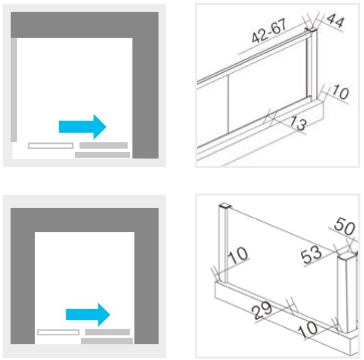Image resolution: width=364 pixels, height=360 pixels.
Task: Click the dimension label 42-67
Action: click(x=269, y=31)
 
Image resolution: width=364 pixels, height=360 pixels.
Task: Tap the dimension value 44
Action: click(x=335, y=20)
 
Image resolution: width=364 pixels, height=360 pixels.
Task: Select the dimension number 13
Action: click(x=299, y=123)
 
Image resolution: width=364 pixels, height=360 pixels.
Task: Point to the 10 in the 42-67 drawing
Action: click(x=340, y=92)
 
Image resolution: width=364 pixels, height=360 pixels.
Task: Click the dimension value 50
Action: click(x=345, y=226)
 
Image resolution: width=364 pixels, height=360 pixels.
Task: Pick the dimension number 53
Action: click(x=311, y=254)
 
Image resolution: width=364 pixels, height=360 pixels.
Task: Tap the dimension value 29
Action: click(x=262, y=310)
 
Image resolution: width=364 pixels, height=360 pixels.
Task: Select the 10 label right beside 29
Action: click(x=308, y=330)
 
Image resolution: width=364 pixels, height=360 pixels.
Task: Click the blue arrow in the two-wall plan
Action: click(x=83, y=127)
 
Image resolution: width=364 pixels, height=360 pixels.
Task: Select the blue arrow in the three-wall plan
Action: click(x=88, y=314)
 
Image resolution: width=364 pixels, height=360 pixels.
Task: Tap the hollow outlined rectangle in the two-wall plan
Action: click(x=51, y=145)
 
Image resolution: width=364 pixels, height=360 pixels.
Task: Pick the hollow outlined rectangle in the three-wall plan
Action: click(x=58, y=332)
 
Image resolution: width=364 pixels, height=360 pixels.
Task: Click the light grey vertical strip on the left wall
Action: click(x=14, y=90)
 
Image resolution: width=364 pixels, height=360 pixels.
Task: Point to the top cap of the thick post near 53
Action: click(x=347, y=257)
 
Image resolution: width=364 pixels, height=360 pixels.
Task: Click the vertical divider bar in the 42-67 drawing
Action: click(x=228, y=104)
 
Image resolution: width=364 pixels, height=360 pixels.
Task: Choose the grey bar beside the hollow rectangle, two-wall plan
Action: click(x=104, y=145)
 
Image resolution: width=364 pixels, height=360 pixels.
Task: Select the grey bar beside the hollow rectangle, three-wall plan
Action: click(x=108, y=332)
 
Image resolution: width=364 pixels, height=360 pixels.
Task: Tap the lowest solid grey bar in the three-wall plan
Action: click(x=107, y=341)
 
